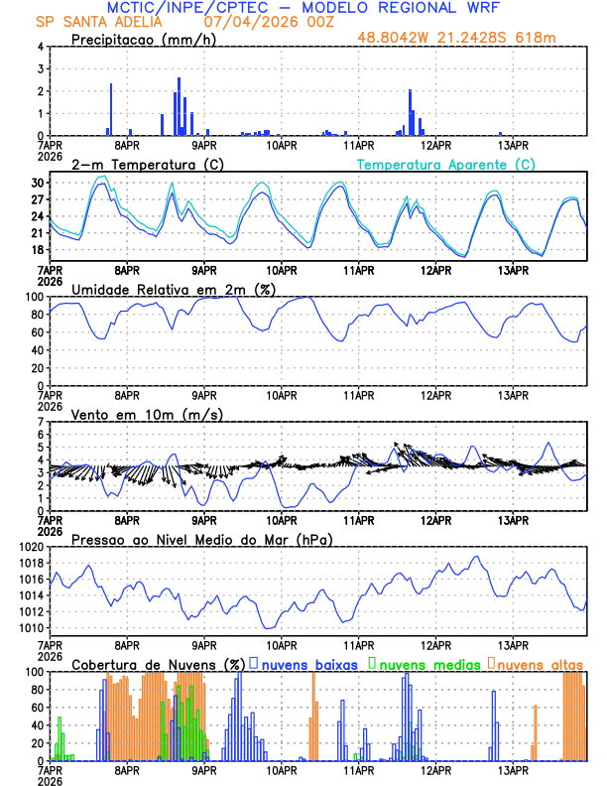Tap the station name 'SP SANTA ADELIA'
(94, 21)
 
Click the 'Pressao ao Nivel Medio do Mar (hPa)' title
(201, 539)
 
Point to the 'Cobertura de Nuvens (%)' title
(158, 664)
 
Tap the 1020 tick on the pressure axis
(31, 547)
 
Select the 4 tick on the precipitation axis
(41, 47)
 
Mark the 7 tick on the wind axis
(41, 422)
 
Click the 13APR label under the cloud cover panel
(513, 769)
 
